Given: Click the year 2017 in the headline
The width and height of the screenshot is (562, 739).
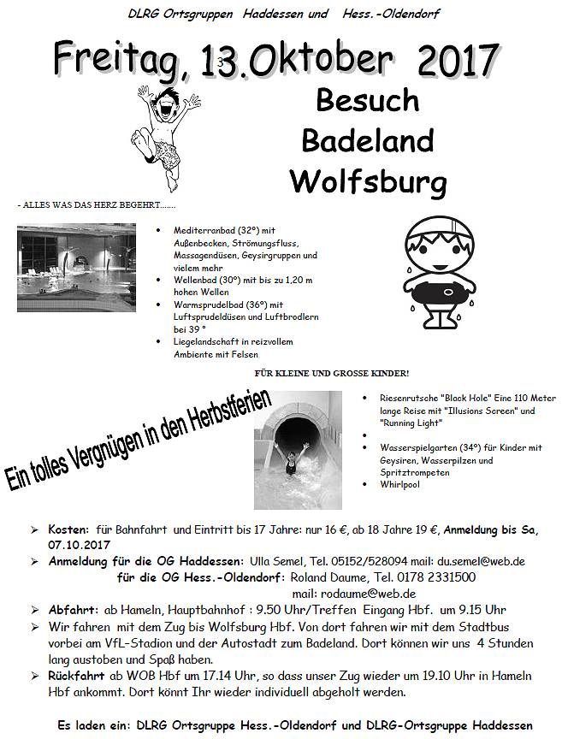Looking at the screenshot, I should click(x=458, y=62).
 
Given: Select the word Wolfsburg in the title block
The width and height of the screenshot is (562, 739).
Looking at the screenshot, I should click(x=368, y=181).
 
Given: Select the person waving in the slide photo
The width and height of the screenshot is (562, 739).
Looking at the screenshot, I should click(x=292, y=463).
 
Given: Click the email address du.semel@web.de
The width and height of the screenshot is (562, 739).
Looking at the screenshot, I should click(x=482, y=561).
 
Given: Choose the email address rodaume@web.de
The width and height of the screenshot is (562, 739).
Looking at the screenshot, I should click(x=367, y=593).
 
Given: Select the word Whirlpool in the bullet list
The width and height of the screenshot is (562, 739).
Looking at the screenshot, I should click(x=400, y=484).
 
